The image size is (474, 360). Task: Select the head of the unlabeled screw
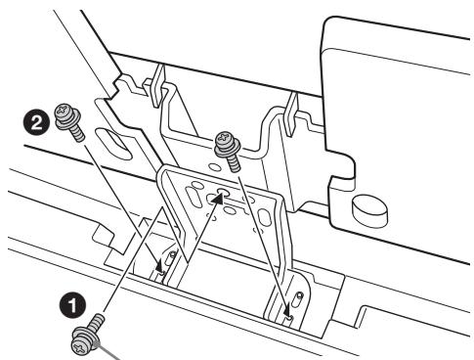tap(225, 144)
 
